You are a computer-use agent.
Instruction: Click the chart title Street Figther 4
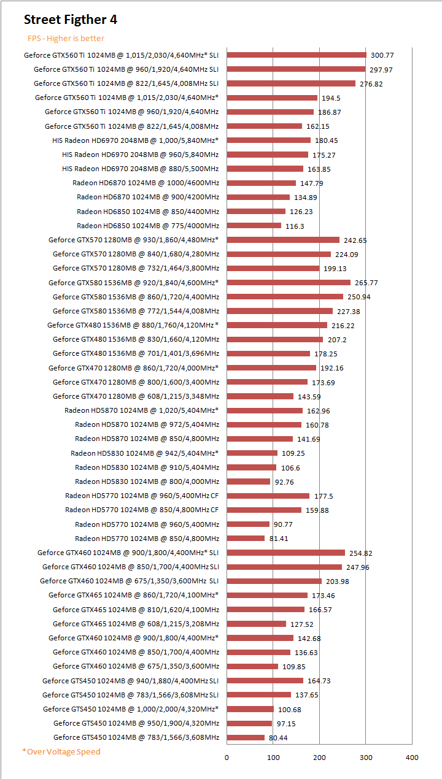click(x=71, y=20)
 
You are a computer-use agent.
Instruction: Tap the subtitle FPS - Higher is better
click(x=66, y=39)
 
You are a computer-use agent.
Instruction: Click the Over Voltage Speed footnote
click(x=61, y=751)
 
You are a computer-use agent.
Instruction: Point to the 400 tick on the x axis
click(x=412, y=758)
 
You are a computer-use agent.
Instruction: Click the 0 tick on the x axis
click(x=227, y=758)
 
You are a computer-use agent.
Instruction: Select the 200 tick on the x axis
click(x=319, y=758)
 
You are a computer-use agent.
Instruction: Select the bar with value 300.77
click(x=297, y=55)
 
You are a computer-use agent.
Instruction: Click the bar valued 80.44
click(x=246, y=737)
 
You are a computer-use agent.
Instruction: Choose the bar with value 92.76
click(x=248, y=482)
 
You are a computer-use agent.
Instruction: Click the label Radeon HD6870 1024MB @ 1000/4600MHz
click(x=145, y=183)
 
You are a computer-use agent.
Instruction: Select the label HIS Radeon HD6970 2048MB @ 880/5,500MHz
click(x=141, y=169)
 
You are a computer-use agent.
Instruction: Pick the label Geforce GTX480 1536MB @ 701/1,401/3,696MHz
click(x=136, y=353)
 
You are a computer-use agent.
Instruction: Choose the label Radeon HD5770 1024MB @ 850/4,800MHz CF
click(x=142, y=510)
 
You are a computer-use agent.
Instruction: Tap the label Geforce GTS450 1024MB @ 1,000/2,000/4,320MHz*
click(x=131, y=709)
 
